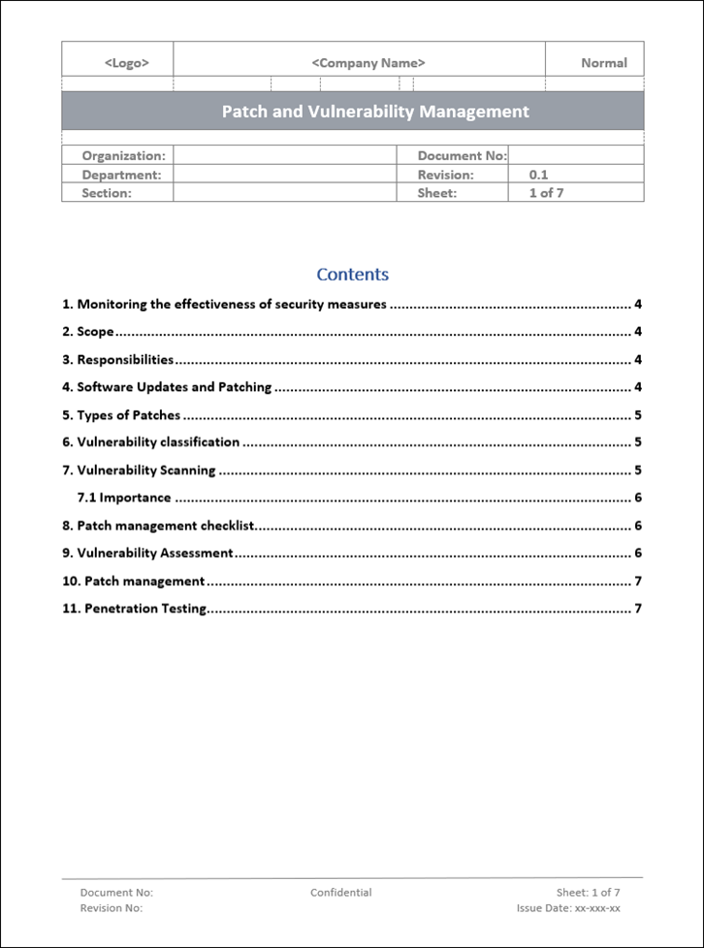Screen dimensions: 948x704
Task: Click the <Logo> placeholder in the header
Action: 126,63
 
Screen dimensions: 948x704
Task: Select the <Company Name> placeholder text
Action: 368,63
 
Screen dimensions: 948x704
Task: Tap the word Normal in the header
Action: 603,63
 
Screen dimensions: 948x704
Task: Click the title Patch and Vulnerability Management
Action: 375,112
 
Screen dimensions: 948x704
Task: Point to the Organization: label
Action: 123,155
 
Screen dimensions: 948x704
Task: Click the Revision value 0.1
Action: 539,175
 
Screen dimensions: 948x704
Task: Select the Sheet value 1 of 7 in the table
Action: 546,193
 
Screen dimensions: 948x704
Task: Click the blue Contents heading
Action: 352,275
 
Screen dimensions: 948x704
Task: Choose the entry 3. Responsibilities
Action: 117,360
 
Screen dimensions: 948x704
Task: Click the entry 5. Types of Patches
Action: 121,415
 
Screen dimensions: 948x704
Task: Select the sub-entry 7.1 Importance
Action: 124,498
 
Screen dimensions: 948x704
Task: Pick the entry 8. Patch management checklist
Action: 157,526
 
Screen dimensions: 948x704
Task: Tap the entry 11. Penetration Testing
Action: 135,609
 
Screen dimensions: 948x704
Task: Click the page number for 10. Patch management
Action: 638,582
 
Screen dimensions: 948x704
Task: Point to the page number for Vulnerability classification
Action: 638,442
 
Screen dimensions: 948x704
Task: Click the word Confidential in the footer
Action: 340,893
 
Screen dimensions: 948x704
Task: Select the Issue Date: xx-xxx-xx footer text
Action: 568,909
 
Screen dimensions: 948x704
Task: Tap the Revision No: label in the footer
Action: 112,909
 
